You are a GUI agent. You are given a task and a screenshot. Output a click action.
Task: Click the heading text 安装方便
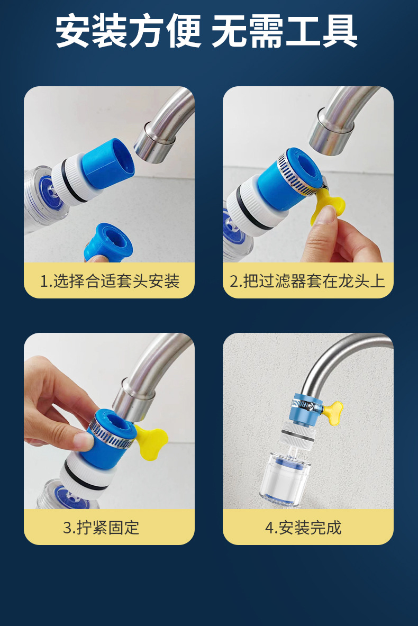pyautogui.click(x=128, y=31)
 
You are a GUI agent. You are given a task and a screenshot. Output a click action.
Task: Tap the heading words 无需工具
pyautogui.click(x=284, y=31)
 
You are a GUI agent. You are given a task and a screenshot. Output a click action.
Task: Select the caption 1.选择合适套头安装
pyautogui.click(x=110, y=281)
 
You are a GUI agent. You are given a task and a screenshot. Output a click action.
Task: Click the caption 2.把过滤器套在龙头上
pyautogui.click(x=307, y=281)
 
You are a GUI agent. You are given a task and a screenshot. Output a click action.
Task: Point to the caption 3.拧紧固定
pyautogui.click(x=101, y=528)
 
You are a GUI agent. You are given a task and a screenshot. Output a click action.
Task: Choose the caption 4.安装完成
pyautogui.click(x=303, y=528)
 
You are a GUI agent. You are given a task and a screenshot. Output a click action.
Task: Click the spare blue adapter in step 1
pyautogui.click(x=108, y=242)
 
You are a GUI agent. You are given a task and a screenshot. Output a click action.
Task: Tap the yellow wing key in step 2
pyautogui.click(x=331, y=203)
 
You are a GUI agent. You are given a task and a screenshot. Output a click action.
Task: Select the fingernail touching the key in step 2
pyautogui.click(x=328, y=215)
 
